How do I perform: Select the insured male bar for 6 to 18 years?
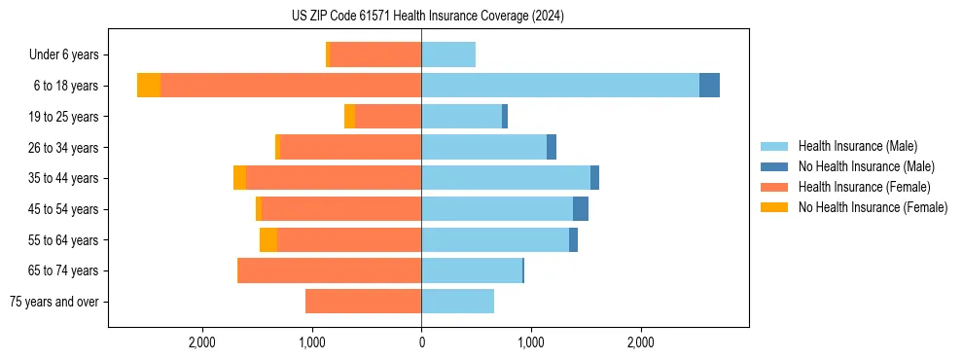560,86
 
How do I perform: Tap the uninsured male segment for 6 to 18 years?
709,86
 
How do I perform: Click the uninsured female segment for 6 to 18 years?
149,86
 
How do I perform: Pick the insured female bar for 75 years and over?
363,302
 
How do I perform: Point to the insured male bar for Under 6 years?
448,54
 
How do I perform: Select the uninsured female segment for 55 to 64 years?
268,240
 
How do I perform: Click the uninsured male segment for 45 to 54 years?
581,209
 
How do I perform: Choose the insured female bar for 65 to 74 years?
330,270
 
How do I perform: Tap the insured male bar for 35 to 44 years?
506,178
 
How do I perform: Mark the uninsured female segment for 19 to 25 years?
349,117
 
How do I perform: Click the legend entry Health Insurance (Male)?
857,146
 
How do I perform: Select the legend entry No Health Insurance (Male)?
865,166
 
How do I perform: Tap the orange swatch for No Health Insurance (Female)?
774,207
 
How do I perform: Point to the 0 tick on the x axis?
421,342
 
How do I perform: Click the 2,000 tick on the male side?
640,342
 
